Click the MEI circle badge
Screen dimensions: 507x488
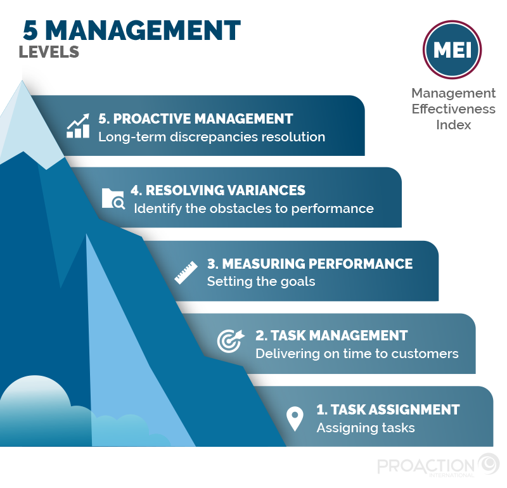tap(452, 51)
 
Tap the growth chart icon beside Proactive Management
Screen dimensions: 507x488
tap(78, 126)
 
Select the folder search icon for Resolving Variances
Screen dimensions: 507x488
tap(114, 198)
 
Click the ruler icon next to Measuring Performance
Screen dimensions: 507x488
tap(186, 272)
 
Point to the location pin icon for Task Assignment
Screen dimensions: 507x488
tap(295, 418)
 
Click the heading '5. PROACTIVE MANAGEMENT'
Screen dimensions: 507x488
tap(195, 119)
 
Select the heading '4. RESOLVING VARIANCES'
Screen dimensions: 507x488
tap(218, 190)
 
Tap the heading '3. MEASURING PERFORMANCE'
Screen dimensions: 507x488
tap(310, 263)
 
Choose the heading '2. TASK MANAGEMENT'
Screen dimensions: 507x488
tap(331, 335)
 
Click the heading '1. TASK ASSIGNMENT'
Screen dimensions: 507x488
tap(388, 409)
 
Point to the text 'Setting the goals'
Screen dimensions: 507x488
tap(260, 281)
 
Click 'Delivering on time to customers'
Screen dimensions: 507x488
tap(357, 354)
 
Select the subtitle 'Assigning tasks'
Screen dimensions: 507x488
tap(366, 428)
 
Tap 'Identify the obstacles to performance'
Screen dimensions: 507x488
tap(253, 209)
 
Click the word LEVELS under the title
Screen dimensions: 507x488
tap(49, 52)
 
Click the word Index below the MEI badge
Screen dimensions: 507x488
tap(453, 124)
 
